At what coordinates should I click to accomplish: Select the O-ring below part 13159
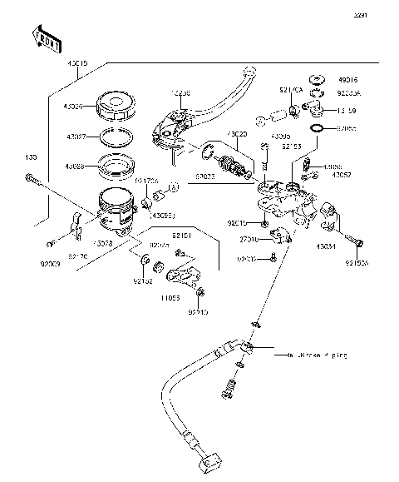coord(317,130)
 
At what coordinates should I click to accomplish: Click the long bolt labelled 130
coord(30,176)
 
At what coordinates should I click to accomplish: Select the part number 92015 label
coord(235,222)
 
